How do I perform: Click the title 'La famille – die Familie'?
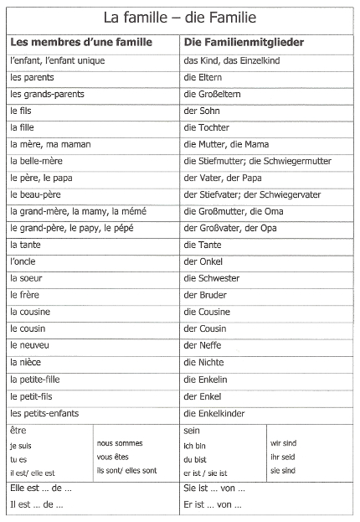click(x=179, y=16)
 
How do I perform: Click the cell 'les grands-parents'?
click(x=47, y=94)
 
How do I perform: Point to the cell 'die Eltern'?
click(x=204, y=77)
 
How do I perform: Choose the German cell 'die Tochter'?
click(x=208, y=127)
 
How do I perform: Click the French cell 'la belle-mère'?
click(x=39, y=161)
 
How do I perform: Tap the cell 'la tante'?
click(x=26, y=245)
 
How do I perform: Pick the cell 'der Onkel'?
click(x=205, y=261)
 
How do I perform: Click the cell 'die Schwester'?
click(x=211, y=278)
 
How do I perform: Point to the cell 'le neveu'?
click(x=29, y=345)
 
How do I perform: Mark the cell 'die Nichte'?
click(x=203, y=362)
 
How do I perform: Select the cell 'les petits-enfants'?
click(x=45, y=412)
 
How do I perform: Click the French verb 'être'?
click(x=18, y=430)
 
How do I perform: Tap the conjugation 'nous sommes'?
click(x=120, y=442)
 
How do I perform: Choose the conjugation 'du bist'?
click(x=195, y=459)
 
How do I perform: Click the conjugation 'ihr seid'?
click(x=282, y=457)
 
